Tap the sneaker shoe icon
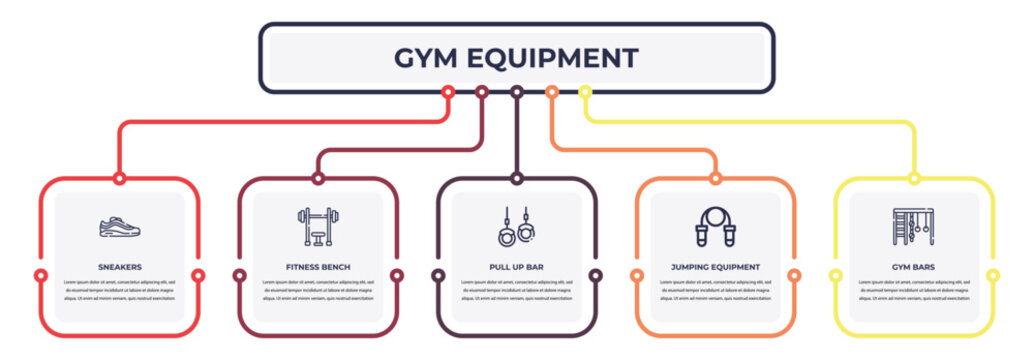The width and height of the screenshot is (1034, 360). pos(120,227)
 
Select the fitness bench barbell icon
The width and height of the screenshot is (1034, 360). pos(318,227)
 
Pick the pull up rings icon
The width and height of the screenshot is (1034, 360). pos(516,227)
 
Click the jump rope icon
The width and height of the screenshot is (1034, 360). pos(715,227)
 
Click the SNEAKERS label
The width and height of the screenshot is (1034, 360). pos(120,268)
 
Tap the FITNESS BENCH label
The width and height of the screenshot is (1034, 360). pos(318,268)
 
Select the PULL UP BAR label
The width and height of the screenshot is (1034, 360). pos(516,268)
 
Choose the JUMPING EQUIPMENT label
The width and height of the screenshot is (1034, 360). pos(715,268)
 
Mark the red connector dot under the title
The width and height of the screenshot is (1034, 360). pos(448,92)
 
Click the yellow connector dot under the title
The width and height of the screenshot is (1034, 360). pos(586,92)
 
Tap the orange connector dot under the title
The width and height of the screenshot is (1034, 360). pos(551,92)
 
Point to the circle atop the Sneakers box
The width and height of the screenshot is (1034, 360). pos(120,179)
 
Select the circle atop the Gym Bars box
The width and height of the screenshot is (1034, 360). pos(914,179)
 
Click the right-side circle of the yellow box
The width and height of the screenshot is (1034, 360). pos(993,275)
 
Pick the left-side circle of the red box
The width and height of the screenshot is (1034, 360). pos(41,275)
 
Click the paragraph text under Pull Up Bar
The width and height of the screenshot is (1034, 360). pos(516,290)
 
